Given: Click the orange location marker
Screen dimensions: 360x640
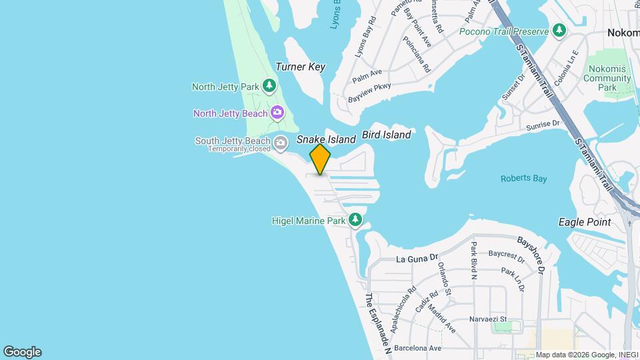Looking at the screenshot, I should click(320, 159).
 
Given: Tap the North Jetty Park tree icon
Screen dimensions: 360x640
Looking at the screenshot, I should click(269, 85).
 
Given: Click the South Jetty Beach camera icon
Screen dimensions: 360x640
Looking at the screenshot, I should click(281, 141).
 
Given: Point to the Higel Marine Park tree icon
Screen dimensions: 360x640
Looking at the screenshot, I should click(356, 219).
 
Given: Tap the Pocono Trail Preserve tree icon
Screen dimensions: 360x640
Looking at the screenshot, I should click(559, 31).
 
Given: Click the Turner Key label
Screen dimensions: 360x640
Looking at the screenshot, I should click(300, 67).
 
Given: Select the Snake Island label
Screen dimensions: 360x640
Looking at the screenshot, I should click(326, 139).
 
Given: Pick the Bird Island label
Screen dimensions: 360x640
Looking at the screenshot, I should click(386, 135).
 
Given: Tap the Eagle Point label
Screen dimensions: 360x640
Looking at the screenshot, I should click(585, 222).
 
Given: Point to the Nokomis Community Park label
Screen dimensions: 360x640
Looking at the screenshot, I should click(607, 78).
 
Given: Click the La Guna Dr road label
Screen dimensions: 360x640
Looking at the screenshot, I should click(416, 257).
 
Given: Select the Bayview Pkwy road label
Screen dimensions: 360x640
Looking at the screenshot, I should click(369, 92).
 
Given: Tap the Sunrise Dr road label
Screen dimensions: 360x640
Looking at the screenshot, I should click(542, 125).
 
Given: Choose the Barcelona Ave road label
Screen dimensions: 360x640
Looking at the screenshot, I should click(417, 347).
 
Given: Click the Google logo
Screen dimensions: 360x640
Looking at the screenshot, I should click(22, 352).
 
